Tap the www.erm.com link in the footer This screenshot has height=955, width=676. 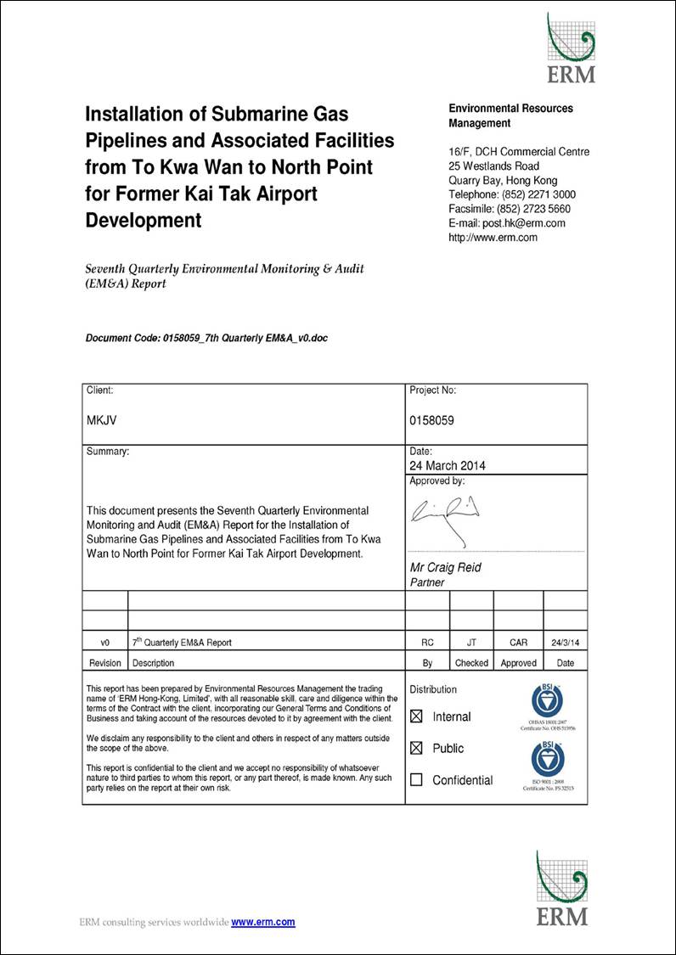coord(263,922)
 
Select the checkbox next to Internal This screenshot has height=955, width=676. coord(416,716)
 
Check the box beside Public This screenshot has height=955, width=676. coord(416,748)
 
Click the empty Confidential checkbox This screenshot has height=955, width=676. coord(416,779)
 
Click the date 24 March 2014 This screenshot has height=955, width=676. coord(448,465)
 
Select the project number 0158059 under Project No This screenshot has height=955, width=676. coord(431,420)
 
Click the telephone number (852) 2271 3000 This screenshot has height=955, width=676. coord(537,194)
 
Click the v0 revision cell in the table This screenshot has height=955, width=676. coord(104,643)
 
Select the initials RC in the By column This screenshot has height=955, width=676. coord(427,643)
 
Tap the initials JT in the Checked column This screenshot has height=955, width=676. coord(471,643)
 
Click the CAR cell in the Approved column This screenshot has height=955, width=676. coord(518,643)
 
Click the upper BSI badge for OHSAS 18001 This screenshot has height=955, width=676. coord(547,700)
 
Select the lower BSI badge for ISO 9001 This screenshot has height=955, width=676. coord(547,758)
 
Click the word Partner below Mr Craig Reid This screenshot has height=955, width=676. coord(427,582)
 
